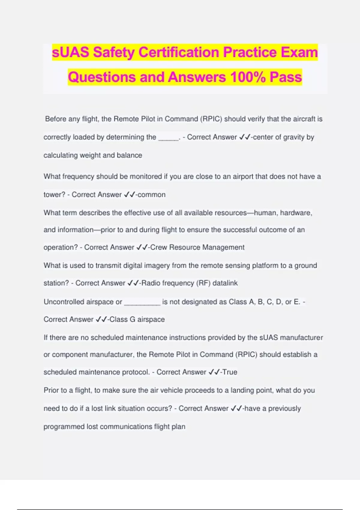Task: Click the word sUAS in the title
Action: tap(70, 52)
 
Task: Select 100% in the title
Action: tap(248, 77)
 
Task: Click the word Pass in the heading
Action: tap(286, 77)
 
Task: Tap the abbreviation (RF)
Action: tap(203, 283)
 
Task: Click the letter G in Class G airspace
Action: tap(132, 319)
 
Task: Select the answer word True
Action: tap(230, 372)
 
